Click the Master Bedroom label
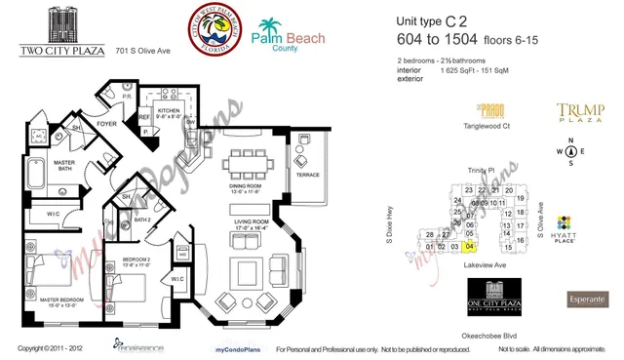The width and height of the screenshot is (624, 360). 44,299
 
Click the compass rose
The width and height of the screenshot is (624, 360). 570,151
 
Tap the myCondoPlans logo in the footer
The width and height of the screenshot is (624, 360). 231,348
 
